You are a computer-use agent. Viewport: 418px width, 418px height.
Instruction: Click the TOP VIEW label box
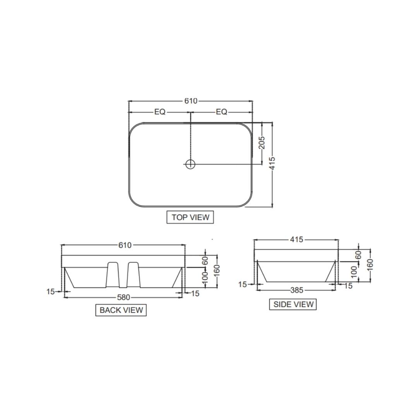coord(190,217)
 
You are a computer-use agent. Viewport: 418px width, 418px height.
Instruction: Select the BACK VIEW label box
coord(121,310)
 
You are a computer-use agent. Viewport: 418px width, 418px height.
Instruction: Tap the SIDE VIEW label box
coord(293,304)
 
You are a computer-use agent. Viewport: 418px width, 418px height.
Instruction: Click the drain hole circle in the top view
coord(190,164)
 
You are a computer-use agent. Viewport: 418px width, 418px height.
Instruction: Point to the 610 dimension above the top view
coord(190,101)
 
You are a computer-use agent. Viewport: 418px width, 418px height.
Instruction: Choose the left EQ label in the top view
coord(160,112)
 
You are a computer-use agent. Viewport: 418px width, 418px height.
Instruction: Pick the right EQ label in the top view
coord(221,112)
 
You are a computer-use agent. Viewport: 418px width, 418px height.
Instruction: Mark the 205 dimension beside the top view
coord(262,142)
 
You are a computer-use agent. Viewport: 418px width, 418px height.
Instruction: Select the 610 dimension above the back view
coord(125,245)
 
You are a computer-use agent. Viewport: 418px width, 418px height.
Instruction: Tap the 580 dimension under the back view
coord(123,297)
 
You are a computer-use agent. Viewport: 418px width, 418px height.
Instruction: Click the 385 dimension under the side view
coord(296,290)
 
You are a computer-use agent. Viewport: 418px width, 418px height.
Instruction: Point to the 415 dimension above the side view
coord(297,240)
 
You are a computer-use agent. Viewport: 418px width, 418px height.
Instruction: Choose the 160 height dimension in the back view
coord(217,267)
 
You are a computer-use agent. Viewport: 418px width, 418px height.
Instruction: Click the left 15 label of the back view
coord(50,292)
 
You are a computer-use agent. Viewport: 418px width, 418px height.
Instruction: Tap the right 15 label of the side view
coord(348,286)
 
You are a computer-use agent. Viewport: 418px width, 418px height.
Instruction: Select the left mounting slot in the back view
coord(112,275)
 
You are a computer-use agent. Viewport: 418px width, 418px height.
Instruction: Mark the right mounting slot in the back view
coord(133,275)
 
